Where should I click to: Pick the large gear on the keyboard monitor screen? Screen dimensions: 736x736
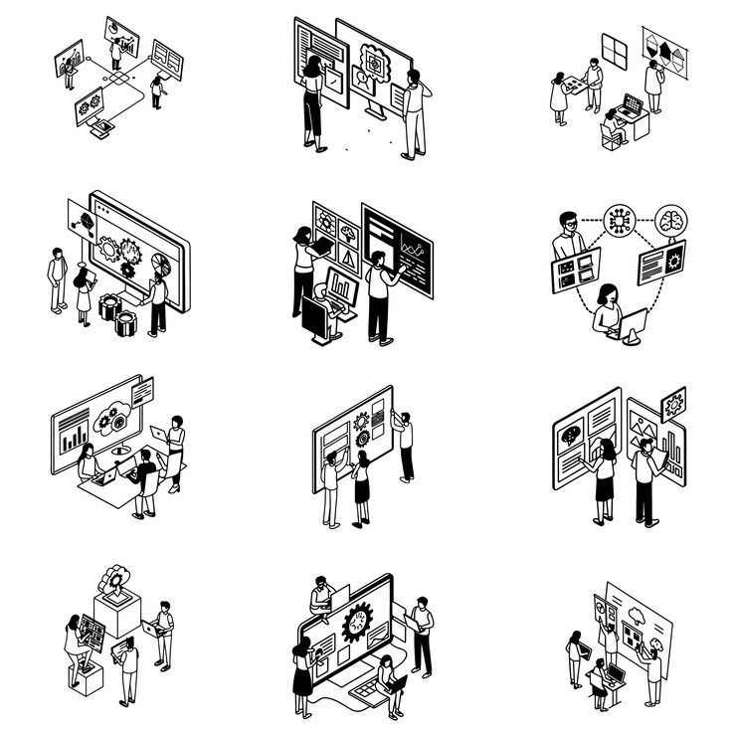(x=356, y=625)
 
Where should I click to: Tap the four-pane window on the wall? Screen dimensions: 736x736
(x=615, y=49)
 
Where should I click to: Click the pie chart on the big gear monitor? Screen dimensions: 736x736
(x=163, y=267)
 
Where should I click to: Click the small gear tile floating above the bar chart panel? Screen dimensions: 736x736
(x=673, y=403)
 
